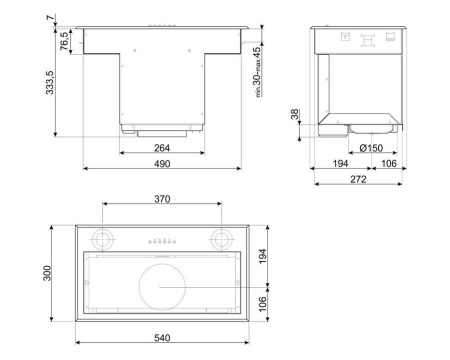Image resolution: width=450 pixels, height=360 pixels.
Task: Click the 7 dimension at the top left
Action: tap(50, 14)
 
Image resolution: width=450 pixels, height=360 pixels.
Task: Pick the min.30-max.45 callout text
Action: tap(256, 71)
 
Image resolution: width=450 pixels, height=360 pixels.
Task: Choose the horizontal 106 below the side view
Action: tap(388, 163)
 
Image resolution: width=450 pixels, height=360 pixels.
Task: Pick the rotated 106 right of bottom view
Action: tap(263, 302)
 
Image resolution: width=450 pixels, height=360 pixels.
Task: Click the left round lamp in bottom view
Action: tap(101, 240)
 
